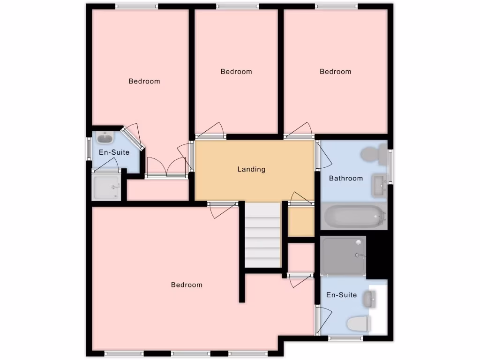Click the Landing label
[x=251, y=169]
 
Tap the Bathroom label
[x=346, y=178]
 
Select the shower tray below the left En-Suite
[x=106, y=187]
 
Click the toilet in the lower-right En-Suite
[x=359, y=323]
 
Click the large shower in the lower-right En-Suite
[x=344, y=255]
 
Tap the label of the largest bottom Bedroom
[x=187, y=285]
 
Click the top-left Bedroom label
[x=144, y=81]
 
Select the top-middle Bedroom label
[x=236, y=72]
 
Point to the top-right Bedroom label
[x=335, y=72]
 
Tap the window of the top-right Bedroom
[x=336, y=7]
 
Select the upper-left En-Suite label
[x=114, y=152]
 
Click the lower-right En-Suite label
[x=341, y=295]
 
